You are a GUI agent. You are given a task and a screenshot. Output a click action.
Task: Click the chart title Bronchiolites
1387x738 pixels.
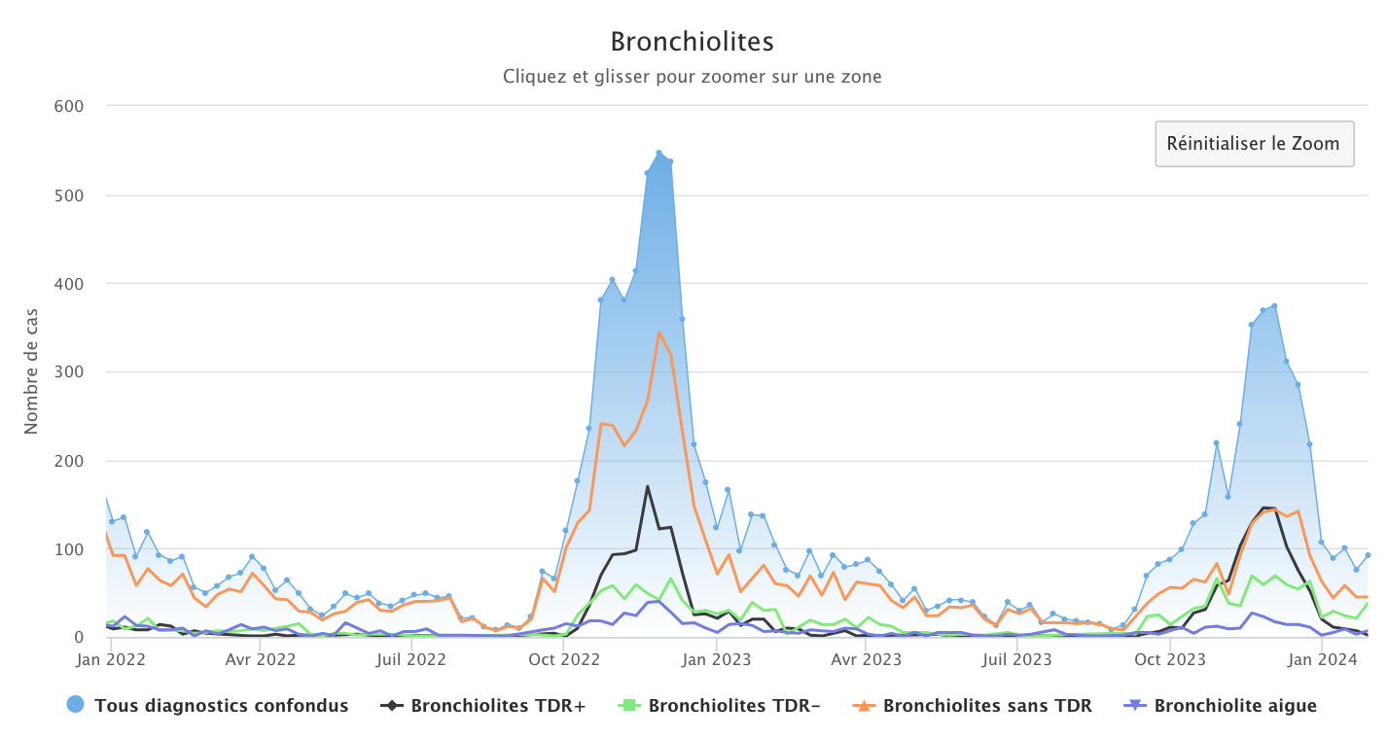[x=692, y=42]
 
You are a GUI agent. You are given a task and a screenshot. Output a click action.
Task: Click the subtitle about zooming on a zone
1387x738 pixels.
[x=692, y=76]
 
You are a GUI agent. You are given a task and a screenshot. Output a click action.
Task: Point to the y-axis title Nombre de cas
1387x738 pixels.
[x=31, y=371]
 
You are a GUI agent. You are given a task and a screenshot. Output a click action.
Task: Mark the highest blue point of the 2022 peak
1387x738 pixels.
[x=658, y=153]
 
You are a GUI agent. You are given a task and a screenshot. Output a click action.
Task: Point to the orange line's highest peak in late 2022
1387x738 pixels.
[x=659, y=333]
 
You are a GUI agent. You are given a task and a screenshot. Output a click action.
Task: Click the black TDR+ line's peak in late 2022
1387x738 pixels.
[x=648, y=486]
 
